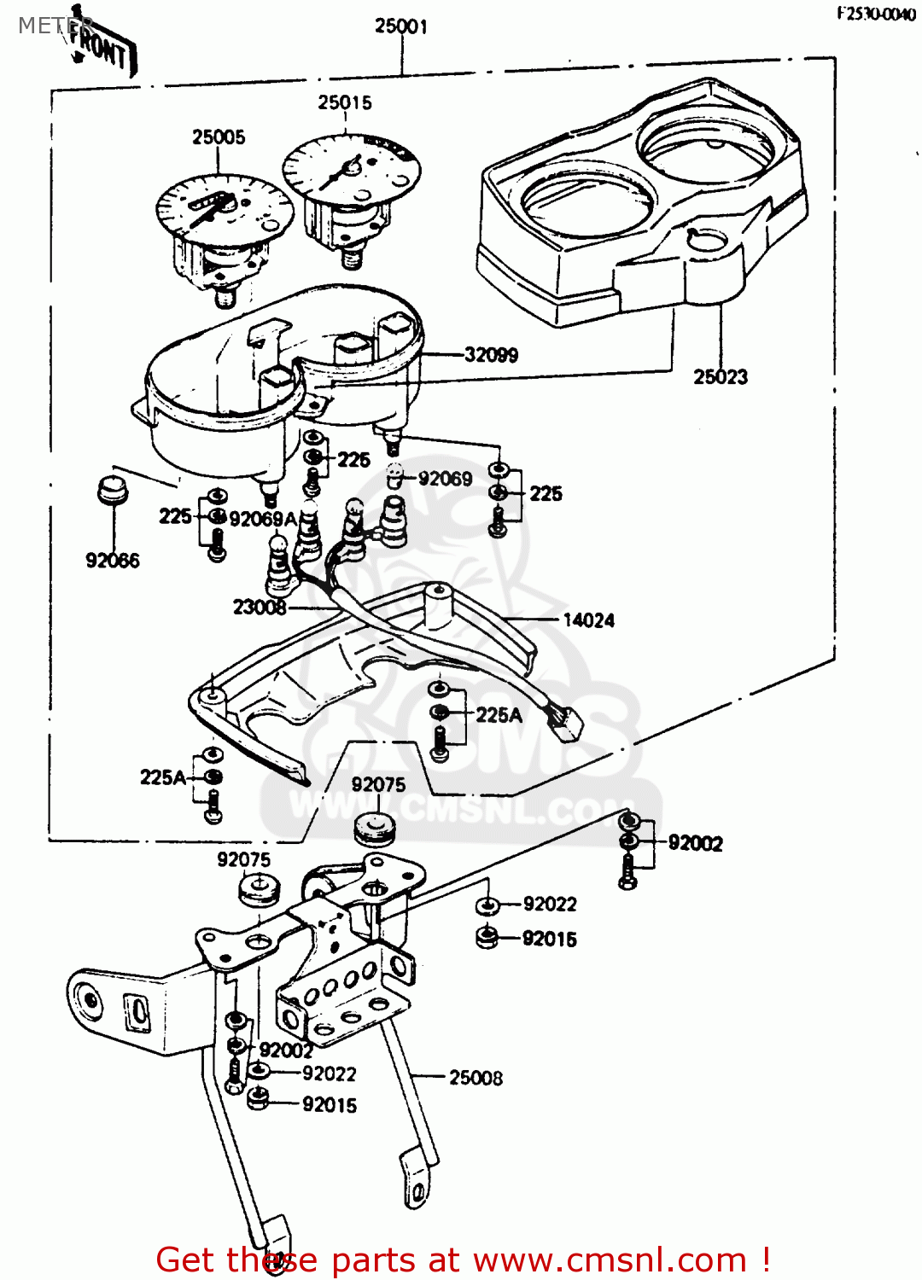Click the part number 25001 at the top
[400, 26]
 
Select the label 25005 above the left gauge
[219, 137]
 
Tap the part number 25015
[345, 102]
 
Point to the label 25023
[720, 376]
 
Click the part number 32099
[491, 355]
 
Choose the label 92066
[113, 561]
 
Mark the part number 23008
[260, 607]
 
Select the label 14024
[588, 620]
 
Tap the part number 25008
[476, 1078]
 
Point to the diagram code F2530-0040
[875, 14]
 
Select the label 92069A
[263, 519]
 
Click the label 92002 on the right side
[695, 843]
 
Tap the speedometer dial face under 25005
[224, 209]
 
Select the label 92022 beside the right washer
[550, 904]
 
